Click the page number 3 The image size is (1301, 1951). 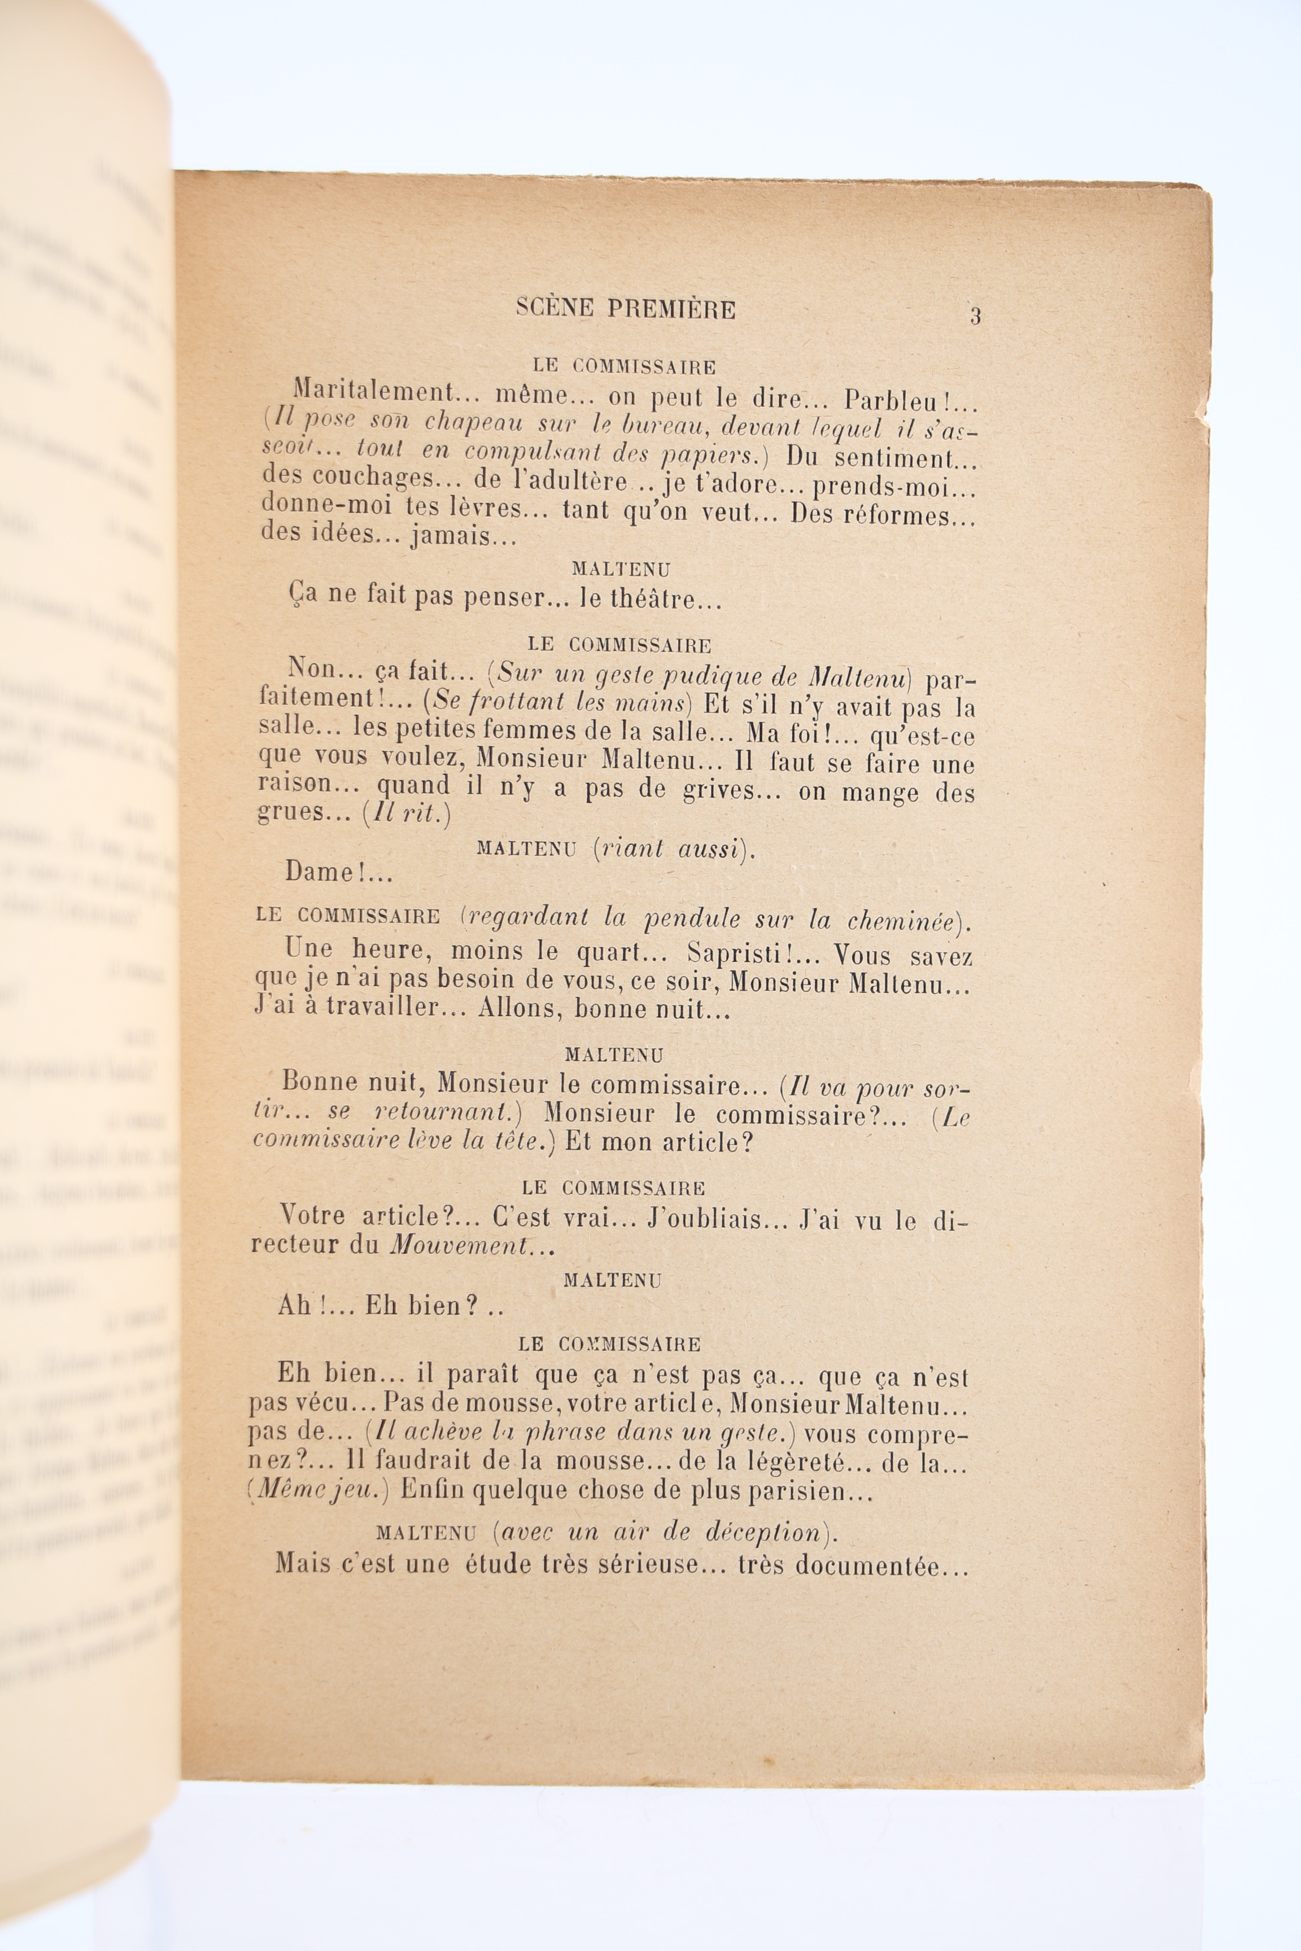(x=975, y=316)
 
